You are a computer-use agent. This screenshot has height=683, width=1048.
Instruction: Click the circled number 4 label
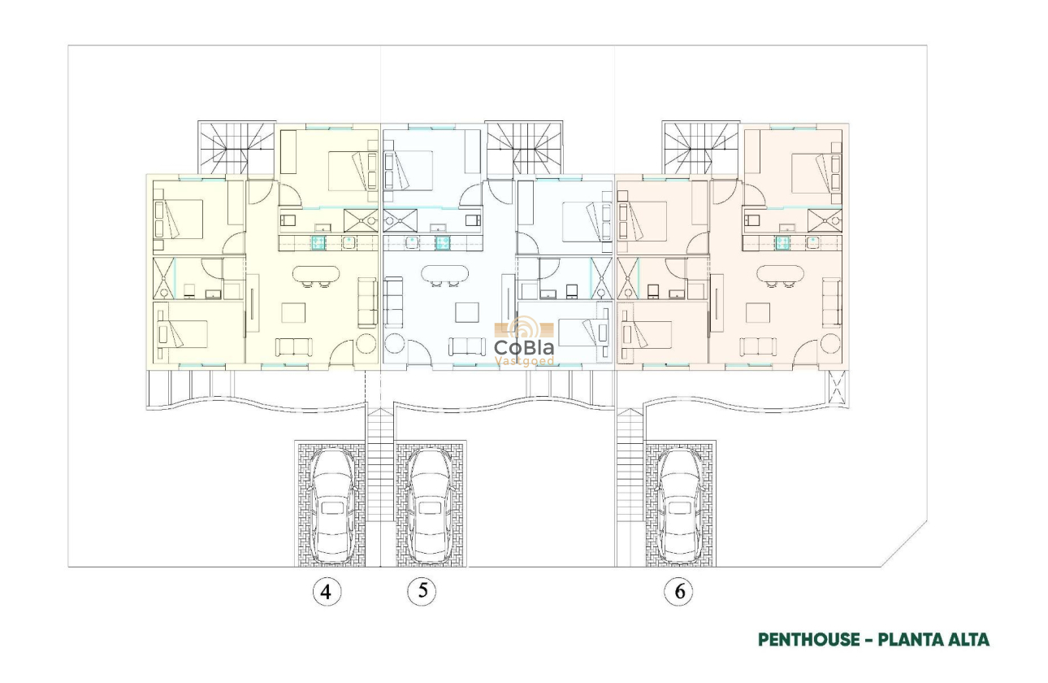pyautogui.click(x=327, y=592)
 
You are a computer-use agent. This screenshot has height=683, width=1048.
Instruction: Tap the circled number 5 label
pyautogui.click(x=422, y=591)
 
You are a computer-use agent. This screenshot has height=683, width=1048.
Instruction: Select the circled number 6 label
pyautogui.click(x=679, y=592)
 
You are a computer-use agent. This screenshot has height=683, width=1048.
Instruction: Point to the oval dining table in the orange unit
pyautogui.click(x=781, y=275)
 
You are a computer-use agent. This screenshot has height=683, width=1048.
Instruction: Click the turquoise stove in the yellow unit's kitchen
pyautogui.click(x=318, y=241)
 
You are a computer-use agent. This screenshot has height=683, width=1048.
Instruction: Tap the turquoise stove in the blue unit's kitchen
pyautogui.click(x=442, y=241)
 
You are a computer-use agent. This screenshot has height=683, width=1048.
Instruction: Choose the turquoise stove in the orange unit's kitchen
pyautogui.click(x=783, y=241)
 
